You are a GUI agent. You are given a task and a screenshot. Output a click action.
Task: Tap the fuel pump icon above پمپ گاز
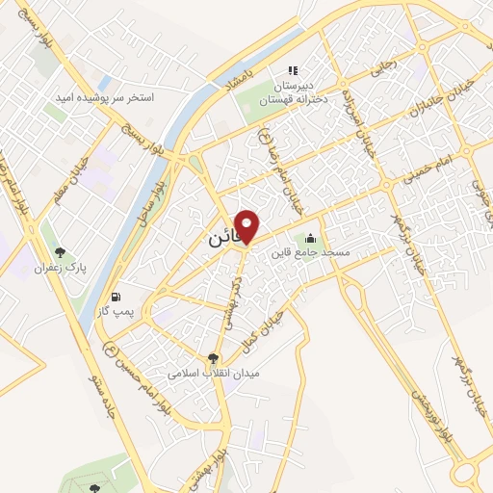(x=117, y=297)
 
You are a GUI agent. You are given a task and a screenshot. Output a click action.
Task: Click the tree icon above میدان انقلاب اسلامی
(x=202, y=357)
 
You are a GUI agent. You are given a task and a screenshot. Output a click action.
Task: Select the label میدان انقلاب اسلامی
(x=202, y=374)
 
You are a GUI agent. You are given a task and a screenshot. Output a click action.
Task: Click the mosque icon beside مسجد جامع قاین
(x=310, y=238)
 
